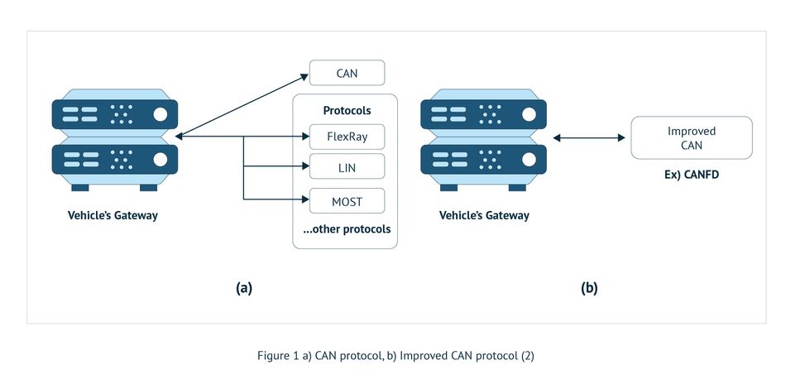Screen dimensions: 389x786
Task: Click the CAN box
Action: pos(347,73)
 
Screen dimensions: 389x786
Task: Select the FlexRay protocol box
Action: pos(347,137)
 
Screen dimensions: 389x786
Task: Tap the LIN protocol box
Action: pos(347,166)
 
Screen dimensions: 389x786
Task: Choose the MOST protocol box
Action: pos(347,199)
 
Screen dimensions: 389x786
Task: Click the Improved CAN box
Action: pos(691,137)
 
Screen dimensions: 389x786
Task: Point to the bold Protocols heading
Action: pos(347,110)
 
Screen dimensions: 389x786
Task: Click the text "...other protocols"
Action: pos(347,228)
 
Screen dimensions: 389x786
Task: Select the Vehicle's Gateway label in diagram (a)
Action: pos(113,216)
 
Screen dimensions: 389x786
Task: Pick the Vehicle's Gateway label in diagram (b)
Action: pos(484,216)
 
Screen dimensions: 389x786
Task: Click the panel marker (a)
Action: pos(243,288)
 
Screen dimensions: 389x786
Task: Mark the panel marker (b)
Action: pos(589,288)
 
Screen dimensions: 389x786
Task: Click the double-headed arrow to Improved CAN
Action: pos(589,137)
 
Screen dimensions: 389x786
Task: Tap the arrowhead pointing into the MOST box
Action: pos(304,199)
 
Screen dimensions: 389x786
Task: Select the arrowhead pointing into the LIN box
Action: pos(304,166)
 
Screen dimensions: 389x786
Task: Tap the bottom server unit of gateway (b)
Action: pos(484,158)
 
